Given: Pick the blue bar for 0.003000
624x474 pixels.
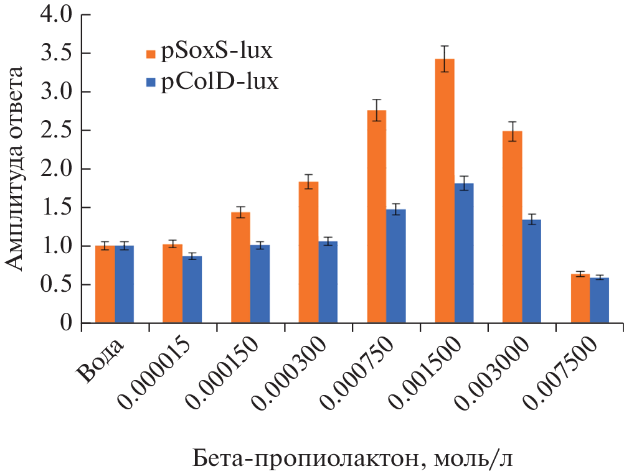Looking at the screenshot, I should tap(532, 271).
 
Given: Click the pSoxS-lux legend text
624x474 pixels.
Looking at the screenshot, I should tap(217, 52).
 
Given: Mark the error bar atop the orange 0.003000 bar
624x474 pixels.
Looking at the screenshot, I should tap(513, 131).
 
